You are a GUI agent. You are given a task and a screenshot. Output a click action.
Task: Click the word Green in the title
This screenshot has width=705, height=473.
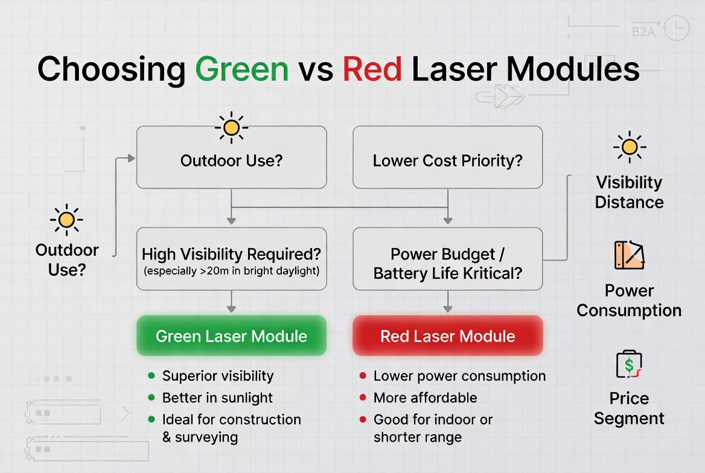coord(241,69)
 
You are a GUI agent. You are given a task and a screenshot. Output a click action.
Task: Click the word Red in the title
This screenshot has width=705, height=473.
coord(372,69)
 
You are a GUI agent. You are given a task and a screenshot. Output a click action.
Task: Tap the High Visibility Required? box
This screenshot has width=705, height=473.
coord(231,259)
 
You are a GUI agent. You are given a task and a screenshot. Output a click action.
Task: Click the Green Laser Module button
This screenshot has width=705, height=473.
coord(231,336)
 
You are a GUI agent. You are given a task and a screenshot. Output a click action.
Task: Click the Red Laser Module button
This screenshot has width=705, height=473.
coord(447,336)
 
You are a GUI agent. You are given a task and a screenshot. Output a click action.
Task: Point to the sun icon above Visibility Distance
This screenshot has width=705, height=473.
coord(629,147)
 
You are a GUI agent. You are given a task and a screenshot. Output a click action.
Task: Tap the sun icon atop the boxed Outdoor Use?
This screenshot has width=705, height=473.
coord(231,127)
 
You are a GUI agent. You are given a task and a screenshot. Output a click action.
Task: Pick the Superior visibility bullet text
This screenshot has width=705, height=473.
coord(218,376)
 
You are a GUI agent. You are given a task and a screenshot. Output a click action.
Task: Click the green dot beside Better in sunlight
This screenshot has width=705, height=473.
coord(151,398)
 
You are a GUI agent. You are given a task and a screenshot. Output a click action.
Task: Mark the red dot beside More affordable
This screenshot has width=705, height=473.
coord(363,398)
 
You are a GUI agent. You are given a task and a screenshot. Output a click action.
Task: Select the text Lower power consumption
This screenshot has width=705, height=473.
coord(459,376)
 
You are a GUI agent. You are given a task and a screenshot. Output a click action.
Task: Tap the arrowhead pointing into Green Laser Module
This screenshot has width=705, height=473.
coord(231,309)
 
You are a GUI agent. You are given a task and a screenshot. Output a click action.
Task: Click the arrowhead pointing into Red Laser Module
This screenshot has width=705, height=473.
coord(447,309)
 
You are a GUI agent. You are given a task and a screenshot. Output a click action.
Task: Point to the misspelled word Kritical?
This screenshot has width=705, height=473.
coord(491,273)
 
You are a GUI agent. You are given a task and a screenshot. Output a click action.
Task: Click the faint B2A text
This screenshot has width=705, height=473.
coord(643,31)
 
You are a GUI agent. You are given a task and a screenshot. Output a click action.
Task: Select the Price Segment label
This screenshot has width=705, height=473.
coord(629,408)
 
